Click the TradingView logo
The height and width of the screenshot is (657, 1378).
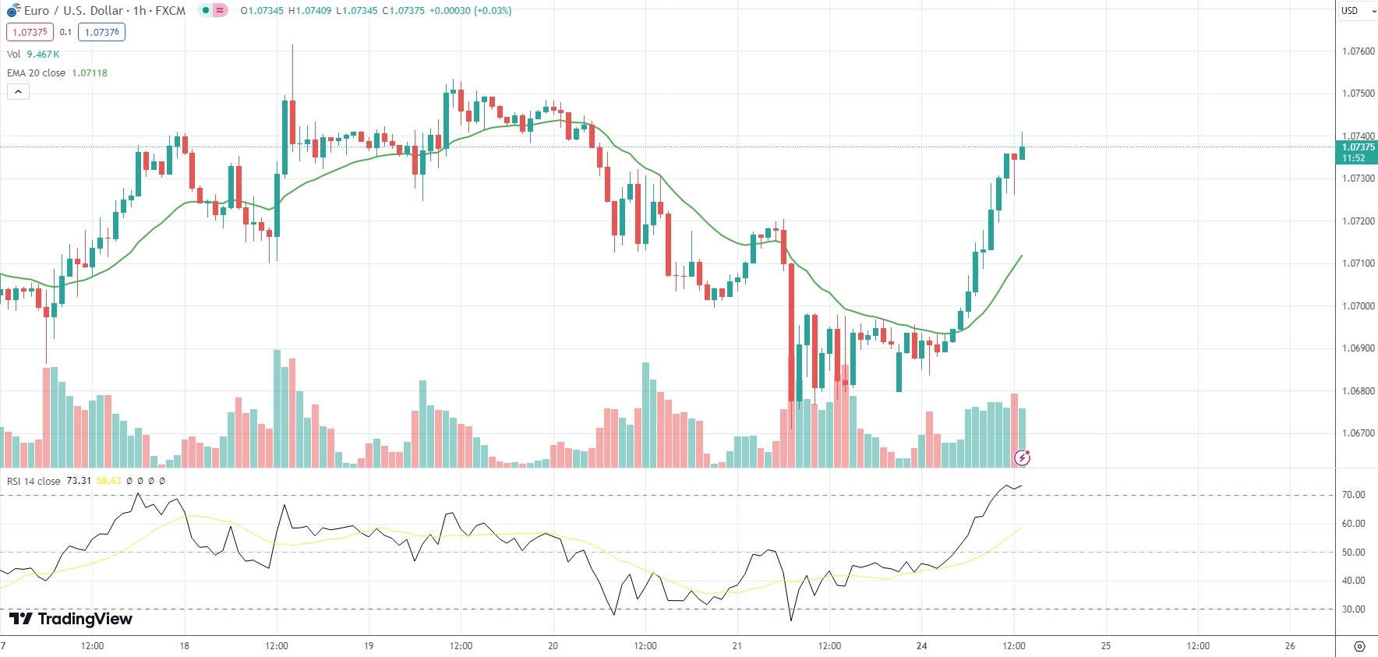(71, 619)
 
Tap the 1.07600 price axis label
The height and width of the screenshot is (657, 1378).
(1358, 51)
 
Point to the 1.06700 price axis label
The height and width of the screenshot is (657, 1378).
(1358, 433)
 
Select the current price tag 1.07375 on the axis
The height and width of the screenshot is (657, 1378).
(1358, 147)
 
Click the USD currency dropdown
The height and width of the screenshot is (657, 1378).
(1357, 11)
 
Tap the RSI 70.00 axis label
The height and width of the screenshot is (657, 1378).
(1353, 495)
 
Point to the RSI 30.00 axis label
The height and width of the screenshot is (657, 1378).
(1353, 609)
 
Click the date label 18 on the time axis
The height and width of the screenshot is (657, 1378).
(185, 646)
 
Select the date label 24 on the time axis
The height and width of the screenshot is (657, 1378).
(922, 646)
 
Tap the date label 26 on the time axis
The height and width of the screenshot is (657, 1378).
(1290, 646)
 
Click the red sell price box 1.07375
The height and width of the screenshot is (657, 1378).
(30, 32)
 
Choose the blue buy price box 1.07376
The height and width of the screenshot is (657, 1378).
(102, 32)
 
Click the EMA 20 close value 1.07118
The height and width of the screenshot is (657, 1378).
(90, 73)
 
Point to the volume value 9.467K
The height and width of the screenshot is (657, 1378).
(43, 55)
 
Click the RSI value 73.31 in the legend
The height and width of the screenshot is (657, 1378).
(79, 481)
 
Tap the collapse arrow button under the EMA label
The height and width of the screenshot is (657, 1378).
(18, 92)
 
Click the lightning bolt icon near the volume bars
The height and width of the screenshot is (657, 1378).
(1022, 457)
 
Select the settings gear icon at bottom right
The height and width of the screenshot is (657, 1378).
(1359, 646)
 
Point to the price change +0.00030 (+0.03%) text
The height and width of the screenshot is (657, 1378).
(471, 11)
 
